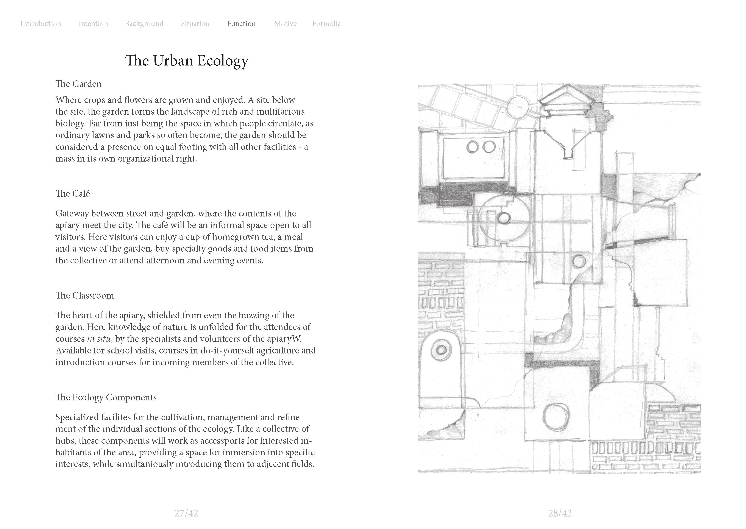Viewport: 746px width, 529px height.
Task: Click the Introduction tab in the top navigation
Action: tap(41, 24)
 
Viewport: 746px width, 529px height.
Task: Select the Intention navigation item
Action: tap(93, 24)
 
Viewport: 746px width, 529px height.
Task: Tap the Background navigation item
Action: tap(144, 24)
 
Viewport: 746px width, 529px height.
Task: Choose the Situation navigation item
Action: tap(195, 24)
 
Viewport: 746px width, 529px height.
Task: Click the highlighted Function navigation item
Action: tap(241, 24)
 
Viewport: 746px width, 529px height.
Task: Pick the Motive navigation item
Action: tap(285, 24)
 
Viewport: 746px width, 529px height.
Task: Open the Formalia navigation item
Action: tap(326, 24)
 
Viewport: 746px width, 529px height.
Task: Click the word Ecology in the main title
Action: tap(223, 61)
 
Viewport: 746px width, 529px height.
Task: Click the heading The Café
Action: tap(72, 194)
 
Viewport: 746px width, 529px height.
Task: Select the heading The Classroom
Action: tap(84, 296)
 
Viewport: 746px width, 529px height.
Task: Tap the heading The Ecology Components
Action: tap(106, 397)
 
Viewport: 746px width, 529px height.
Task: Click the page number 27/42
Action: tap(186, 513)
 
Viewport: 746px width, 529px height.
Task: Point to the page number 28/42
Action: tap(560, 513)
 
